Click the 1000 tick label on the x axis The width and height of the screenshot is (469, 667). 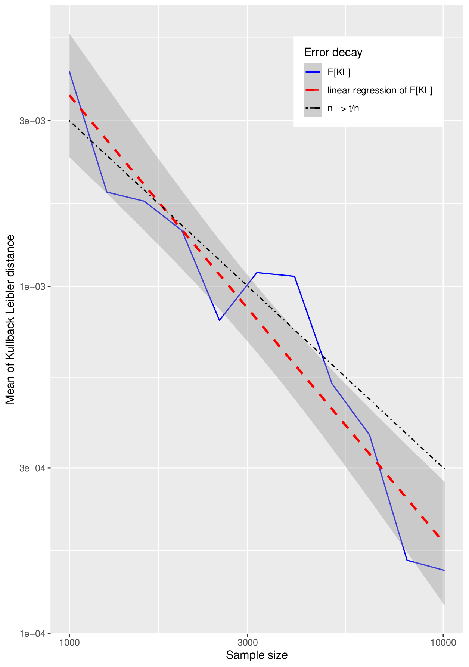(x=69, y=643)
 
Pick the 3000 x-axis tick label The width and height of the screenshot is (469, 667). (x=248, y=643)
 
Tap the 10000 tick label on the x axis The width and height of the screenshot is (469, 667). (x=444, y=643)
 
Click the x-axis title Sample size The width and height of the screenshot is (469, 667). (x=257, y=655)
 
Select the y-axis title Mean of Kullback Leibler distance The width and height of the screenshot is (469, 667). (x=10, y=319)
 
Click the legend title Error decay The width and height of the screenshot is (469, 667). (x=333, y=52)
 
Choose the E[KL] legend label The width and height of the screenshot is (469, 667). (x=339, y=72)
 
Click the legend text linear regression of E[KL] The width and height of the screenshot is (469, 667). (x=380, y=90)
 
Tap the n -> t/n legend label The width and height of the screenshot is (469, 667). (x=343, y=108)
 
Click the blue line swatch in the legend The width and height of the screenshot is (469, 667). (x=313, y=72)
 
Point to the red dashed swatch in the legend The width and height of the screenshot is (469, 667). (x=313, y=90)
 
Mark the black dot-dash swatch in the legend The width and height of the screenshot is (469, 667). (x=313, y=108)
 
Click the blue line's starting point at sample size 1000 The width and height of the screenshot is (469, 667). (x=69, y=71)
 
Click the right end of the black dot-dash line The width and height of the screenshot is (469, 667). (x=444, y=469)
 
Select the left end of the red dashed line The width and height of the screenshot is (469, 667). (x=69, y=96)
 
